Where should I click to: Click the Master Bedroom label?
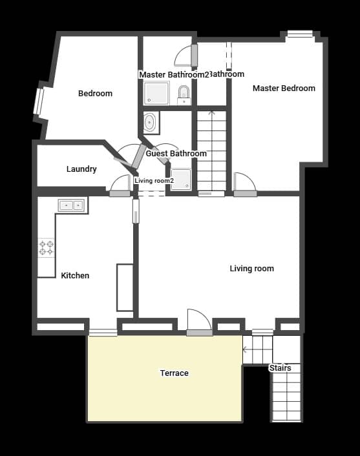click(x=284, y=88)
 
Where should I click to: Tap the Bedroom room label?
click(x=95, y=94)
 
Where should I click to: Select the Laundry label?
click(x=81, y=169)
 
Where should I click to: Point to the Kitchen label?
click(x=75, y=276)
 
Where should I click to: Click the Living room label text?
click(x=251, y=269)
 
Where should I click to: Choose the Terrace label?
click(x=175, y=373)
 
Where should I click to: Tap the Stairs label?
click(x=280, y=368)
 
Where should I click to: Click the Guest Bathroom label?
click(x=176, y=154)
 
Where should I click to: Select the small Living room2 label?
click(x=154, y=181)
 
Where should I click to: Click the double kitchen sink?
click(x=71, y=205)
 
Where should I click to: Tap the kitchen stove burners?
click(x=47, y=247)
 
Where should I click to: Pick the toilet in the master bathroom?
click(x=184, y=94)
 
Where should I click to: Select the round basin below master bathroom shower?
click(x=151, y=122)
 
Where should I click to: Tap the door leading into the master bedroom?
click(x=244, y=185)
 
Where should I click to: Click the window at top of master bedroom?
click(x=300, y=34)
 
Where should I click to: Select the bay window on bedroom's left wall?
click(x=39, y=101)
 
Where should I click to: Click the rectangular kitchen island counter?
click(x=124, y=287)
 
